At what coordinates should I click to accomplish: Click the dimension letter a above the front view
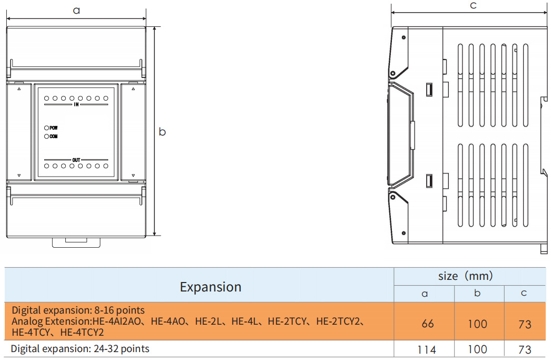click(76, 10)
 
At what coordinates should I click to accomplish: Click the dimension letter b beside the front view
click(162, 132)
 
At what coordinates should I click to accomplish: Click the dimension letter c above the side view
click(473, 6)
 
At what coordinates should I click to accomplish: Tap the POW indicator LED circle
click(47, 128)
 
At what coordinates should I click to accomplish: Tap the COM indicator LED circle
click(47, 137)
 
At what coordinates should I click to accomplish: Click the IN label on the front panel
click(76, 104)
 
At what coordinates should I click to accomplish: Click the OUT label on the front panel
click(76, 159)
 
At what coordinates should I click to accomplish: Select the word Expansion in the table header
click(210, 287)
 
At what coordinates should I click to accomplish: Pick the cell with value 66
click(428, 324)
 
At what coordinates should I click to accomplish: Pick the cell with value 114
click(426, 349)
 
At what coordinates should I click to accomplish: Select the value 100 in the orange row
click(477, 324)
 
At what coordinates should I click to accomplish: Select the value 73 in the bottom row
click(525, 349)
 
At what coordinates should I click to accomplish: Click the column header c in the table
click(524, 294)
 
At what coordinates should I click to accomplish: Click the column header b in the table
click(477, 294)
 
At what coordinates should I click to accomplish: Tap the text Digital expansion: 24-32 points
click(80, 349)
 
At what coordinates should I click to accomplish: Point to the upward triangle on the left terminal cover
click(19, 90)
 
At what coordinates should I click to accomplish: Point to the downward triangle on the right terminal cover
click(133, 175)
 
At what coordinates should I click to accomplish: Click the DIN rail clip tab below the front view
click(76, 242)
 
